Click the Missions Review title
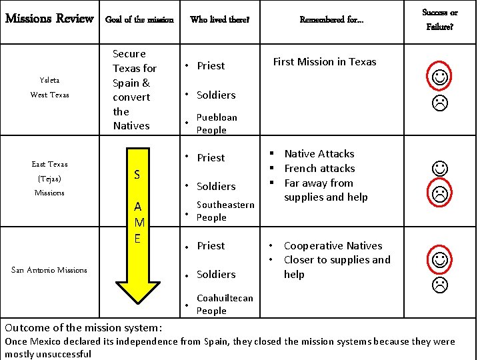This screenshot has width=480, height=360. (x=49, y=18)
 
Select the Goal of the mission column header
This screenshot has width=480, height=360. (x=139, y=19)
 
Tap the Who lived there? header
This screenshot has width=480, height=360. (x=219, y=19)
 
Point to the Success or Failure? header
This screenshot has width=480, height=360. (x=440, y=19)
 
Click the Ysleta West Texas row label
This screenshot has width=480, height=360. (x=49, y=87)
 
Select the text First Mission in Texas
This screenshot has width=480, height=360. (x=325, y=61)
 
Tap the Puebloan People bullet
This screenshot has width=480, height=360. (x=216, y=123)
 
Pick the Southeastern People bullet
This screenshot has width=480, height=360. (x=225, y=211)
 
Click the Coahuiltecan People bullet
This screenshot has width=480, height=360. (x=224, y=304)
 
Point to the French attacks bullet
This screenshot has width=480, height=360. (x=319, y=168)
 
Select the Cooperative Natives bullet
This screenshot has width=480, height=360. (x=333, y=245)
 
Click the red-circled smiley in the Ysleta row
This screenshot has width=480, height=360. (x=440, y=77)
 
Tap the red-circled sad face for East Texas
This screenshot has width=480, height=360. (x=440, y=194)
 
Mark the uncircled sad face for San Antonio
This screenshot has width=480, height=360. (x=440, y=285)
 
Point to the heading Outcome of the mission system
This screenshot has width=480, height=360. (x=83, y=327)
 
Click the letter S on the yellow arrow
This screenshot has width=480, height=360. (x=137, y=175)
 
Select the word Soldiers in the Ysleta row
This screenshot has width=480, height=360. (x=216, y=95)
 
